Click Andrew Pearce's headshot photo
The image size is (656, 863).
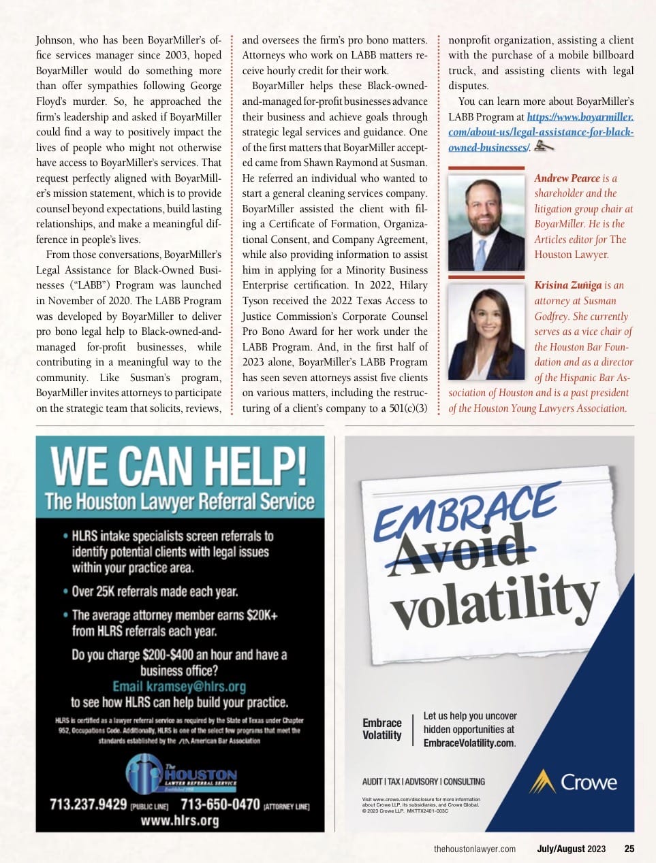pos(486,222)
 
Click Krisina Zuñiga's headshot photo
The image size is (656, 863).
pos(486,331)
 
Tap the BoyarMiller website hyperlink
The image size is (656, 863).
pos(541,132)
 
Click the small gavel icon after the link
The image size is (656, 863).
pos(543,146)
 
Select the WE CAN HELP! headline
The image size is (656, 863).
pos(179,467)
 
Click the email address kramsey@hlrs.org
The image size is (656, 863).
pos(179,686)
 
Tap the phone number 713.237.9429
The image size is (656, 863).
pos(88,804)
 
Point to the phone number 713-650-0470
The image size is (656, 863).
pos(220,804)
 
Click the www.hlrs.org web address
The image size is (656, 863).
pos(179,820)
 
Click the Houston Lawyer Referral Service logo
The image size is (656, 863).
pos(181,775)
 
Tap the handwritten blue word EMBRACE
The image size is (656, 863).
pos(467,510)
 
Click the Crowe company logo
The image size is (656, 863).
pos(574,782)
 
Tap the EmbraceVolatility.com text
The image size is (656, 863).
pos(469,743)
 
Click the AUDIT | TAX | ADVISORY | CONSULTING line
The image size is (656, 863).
pos(424,781)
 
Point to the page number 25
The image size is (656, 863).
pos(629,849)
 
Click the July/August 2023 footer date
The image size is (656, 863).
pos(571,849)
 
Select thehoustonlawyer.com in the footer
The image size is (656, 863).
pos(475,849)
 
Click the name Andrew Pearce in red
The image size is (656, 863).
pos(567,178)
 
